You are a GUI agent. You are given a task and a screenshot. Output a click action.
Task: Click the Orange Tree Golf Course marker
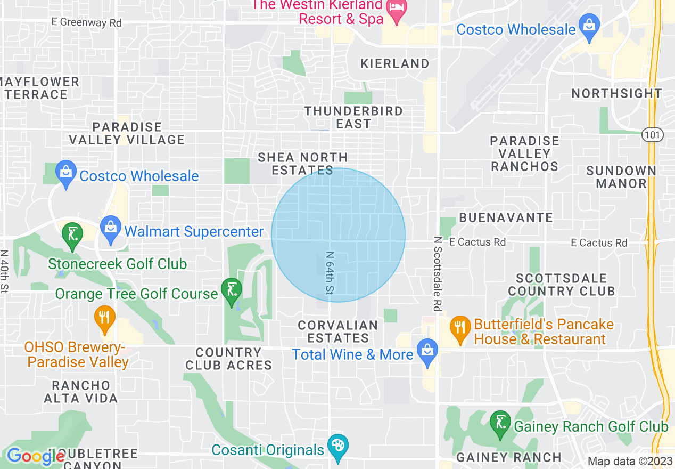pyautogui.click(x=232, y=291)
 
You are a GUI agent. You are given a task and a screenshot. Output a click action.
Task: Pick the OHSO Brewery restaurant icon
pyautogui.click(x=104, y=318)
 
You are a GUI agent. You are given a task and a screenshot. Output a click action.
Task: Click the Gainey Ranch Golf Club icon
pyautogui.click(x=500, y=425)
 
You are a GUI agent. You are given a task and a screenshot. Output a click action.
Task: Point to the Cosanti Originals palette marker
pyautogui.click(x=337, y=447)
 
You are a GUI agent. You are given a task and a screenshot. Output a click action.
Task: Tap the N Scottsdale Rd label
pyautogui.click(x=438, y=274)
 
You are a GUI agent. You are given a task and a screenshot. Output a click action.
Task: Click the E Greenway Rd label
pyautogui.click(x=86, y=22)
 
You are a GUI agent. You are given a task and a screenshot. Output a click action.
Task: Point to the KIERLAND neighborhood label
pyautogui.click(x=394, y=63)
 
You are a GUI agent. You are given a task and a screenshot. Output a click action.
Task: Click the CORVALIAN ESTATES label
pyautogui.click(x=338, y=331)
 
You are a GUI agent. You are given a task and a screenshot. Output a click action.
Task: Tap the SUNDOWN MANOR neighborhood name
pyautogui.click(x=621, y=177)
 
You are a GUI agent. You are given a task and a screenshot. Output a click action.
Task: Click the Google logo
pyautogui.click(x=36, y=456)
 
